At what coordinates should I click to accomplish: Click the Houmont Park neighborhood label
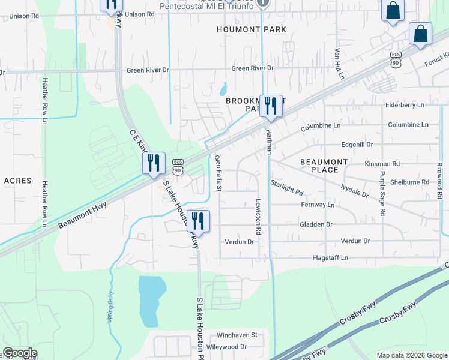tap(252, 29)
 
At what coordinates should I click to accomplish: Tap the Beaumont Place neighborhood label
tap(324, 166)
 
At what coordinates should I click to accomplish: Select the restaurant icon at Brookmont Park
tap(271, 106)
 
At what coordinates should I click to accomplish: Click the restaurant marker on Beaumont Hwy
tap(154, 163)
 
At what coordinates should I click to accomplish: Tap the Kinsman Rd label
tap(382, 164)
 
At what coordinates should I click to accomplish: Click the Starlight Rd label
tap(286, 187)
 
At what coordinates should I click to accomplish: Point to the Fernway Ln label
tap(317, 205)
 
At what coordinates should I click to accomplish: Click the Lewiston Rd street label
tap(259, 216)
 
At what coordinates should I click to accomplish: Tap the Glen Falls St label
tap(218, 174)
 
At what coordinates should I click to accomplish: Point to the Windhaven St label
tap(237, 335)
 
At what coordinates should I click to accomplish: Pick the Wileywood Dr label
tap(226, 347)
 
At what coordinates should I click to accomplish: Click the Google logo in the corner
tap(19, 353)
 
